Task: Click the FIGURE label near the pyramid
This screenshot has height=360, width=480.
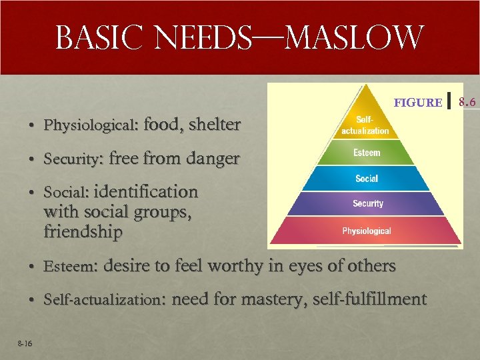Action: click(418, 102)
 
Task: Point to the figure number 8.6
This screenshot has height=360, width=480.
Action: click(467, 102)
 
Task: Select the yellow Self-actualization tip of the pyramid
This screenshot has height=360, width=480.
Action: click(365, 123)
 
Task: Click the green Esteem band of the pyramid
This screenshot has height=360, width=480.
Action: click(367, 153)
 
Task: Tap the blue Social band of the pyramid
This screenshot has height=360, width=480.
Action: click(367, 178)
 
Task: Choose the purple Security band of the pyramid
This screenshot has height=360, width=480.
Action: click(367, 203)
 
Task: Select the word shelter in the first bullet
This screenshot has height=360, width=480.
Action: click(214, 124)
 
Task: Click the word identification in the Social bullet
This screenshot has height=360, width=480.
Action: click(147, 192)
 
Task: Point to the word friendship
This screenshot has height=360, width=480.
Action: click(83, 233)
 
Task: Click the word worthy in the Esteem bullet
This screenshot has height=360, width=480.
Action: click(236, 265)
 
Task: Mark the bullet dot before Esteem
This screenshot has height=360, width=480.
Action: click(31, 267)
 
